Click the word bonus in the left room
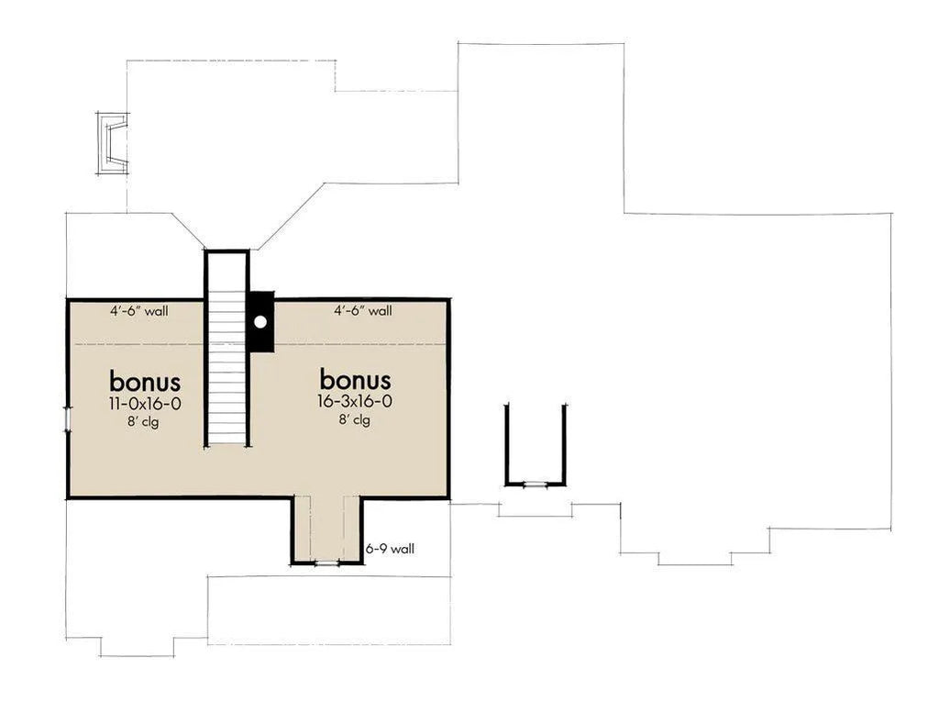[145, 382]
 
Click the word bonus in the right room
[355, 380]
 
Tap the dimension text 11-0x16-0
[145, 404]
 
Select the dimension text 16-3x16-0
[355, 401]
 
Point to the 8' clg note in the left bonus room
[143, 422]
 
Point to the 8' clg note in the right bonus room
[355, 419]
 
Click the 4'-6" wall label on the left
[139, 311]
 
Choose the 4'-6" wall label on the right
[363, 310]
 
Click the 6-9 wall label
[390, 548]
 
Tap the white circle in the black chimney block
[260, 322]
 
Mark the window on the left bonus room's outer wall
[68, 418]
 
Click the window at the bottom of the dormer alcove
[327, 563]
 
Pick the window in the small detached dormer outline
[536, 484]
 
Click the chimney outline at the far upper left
[112, 143]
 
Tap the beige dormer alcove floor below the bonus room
[327, 529]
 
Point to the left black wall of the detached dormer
[507, 444]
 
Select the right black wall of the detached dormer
[564, 444]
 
